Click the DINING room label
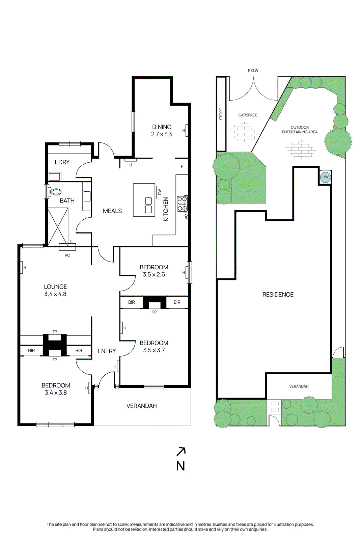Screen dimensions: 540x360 click(x=162, y=127)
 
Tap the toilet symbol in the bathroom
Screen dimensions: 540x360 click(x=55, y=192)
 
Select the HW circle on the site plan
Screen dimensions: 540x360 click(x=325, y=177)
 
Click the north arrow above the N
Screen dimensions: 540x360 click(x=181, y=451)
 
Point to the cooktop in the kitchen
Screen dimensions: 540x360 click(x=182, y=204)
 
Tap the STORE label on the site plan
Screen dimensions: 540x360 click(x=221, y=114)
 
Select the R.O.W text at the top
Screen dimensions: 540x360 click(x=253, y=71)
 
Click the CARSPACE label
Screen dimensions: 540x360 click(x=248, y=115)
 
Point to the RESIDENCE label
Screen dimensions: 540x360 click(x=278, y=295)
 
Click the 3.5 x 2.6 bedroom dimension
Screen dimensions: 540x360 click(x=154, y=274)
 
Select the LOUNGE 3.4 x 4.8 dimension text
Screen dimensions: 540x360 click(x=55, y=294)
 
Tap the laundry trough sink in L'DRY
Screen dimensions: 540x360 click(x=54, y=176)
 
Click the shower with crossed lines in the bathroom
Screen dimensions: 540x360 click(x=58, y=226)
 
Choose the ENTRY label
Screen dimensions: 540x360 click(x=107, y=351)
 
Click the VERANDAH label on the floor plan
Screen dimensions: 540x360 click(x=141, y=406)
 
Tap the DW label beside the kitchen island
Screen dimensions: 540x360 click(x=160, y=192)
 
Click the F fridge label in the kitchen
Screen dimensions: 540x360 click(x=182, y=166)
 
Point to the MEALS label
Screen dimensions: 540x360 click(x=112, y=211)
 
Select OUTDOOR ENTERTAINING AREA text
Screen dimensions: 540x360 click(x=300, y=130)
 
